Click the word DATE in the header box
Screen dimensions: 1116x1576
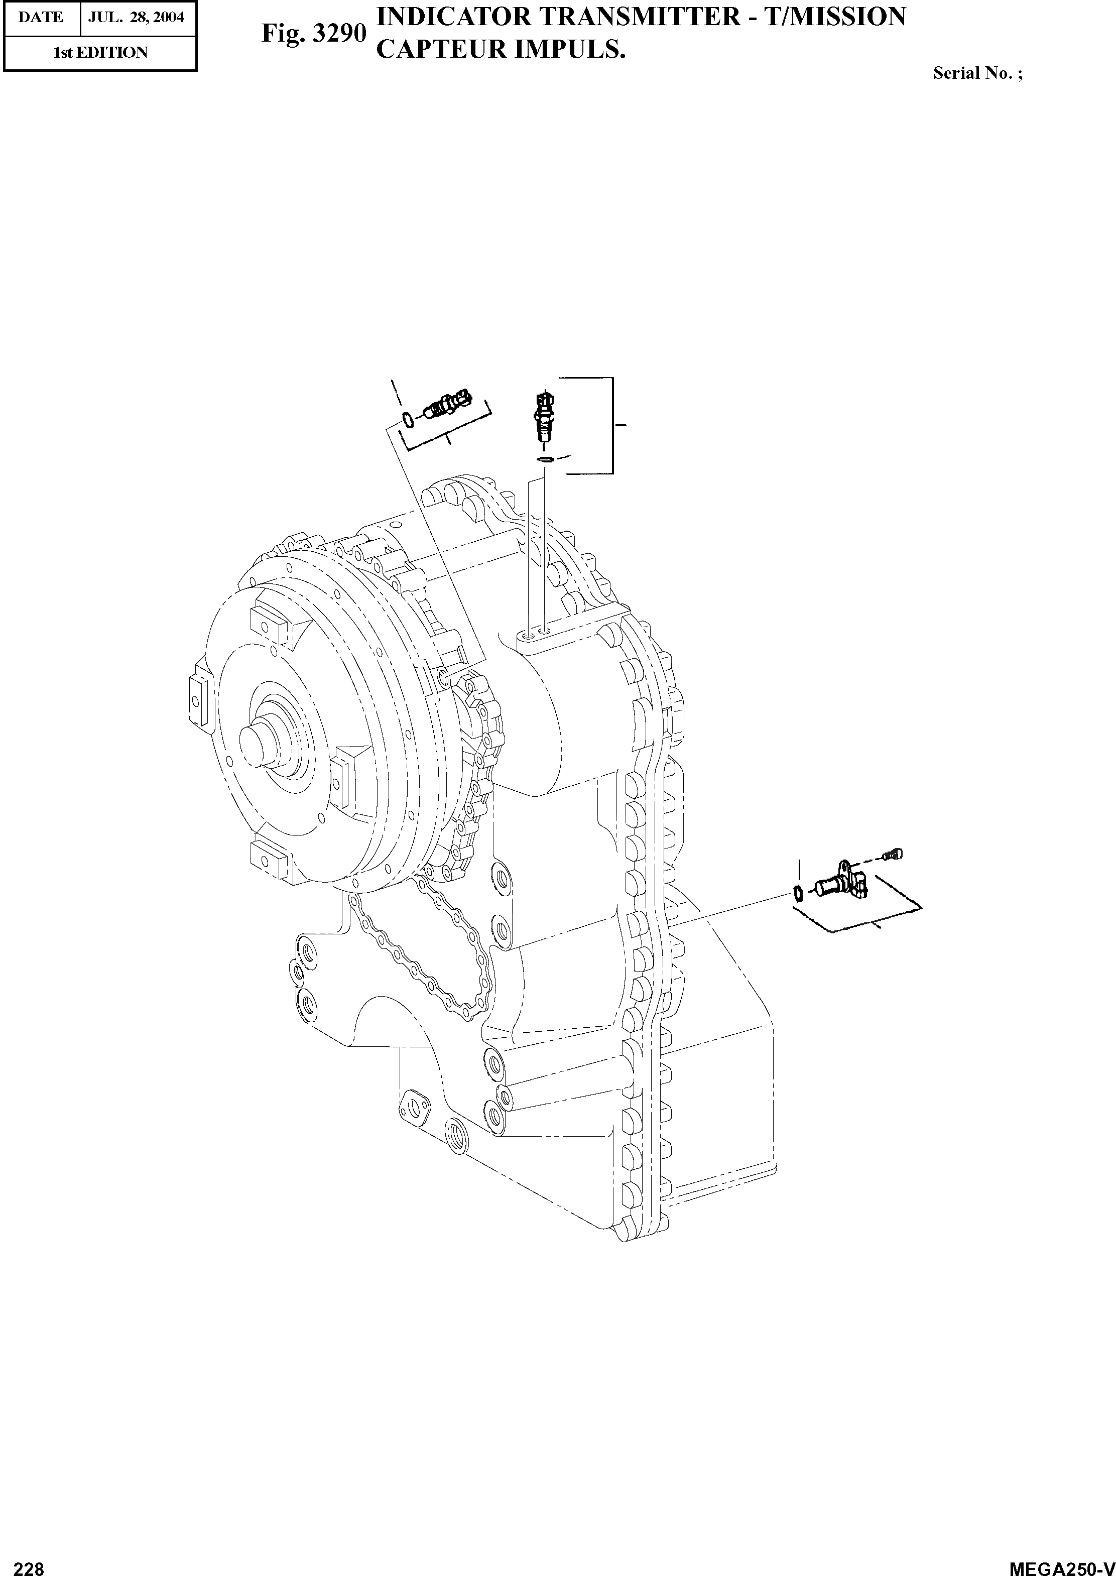41,17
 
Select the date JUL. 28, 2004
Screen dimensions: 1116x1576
137,17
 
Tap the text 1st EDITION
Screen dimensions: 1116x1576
100,53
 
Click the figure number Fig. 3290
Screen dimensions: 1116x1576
313,33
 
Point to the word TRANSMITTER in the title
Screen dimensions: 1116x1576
637,17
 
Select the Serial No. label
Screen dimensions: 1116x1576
976,73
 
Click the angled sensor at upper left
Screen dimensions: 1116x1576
447,406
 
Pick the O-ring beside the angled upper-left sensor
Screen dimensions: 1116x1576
407,419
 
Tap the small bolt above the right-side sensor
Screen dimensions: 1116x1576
893,855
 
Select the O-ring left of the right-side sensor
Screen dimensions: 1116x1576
798,894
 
